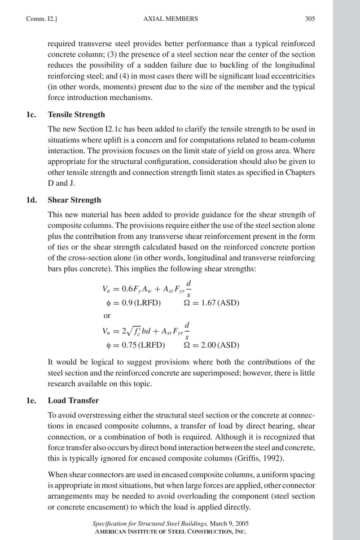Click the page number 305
coord(310,19)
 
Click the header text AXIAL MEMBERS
coord(171,19)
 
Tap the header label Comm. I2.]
coord(39,19)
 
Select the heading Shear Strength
coord(74,200)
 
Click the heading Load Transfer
coord(73,401)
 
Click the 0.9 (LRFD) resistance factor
coord(131,303)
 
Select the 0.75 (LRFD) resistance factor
coord(133,345)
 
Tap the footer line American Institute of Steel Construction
coord(169,532)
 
